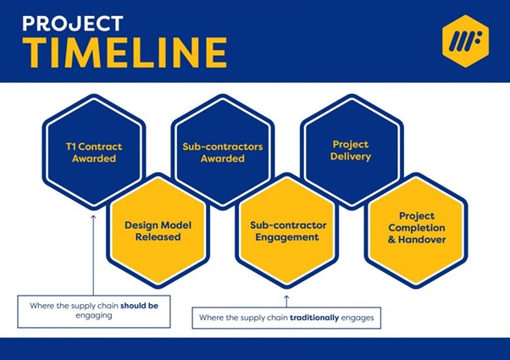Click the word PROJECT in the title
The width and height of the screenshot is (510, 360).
click(73, 24)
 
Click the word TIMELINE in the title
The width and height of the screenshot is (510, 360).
click(125, 53)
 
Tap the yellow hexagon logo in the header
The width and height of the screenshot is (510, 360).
click(465, 41)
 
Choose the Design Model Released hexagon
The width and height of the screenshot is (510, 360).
click(158, 230)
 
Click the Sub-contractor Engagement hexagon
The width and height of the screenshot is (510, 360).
click(287, 230)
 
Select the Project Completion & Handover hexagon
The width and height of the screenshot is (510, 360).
click(416, 230)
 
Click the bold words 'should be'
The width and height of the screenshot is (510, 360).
click(139, 306)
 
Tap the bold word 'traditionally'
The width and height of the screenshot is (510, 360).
click(314, 318)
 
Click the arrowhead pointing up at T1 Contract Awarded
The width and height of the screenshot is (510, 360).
click(93, 217)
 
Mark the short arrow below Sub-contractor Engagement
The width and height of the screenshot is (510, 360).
click(286, 302)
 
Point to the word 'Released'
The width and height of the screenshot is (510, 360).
click(158, 236)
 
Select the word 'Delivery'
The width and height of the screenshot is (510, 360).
click(351, 157)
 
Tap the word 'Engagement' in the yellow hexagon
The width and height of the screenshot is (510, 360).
click(287, 237)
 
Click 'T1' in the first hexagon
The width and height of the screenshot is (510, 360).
click(70, 147)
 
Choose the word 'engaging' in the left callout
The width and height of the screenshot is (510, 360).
click(94, 316)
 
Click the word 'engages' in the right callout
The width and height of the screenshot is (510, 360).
click(358, 318)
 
